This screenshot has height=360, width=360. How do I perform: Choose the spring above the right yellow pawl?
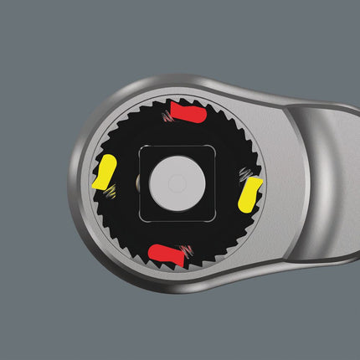(245, 173)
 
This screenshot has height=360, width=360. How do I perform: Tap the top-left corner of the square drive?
(140, 147)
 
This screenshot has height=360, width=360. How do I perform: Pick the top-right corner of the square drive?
(213, 147)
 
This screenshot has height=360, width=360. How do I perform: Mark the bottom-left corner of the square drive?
(140, 220)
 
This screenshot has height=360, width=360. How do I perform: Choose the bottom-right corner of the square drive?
(213, 220)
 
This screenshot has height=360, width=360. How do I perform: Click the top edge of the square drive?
(176, 147)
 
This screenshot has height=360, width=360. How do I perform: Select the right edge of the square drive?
(213, 184)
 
